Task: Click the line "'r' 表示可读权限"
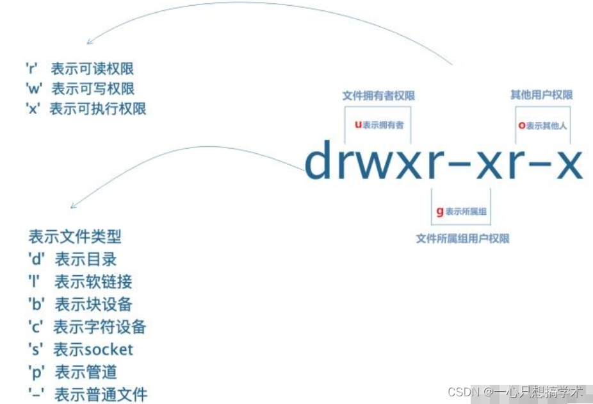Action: coord(79,69)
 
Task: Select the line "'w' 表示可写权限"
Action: coord(79,88)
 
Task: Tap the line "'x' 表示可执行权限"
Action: coord(85,108)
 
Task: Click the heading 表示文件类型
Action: coord(75,237)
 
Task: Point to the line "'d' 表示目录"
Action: coord(72,259)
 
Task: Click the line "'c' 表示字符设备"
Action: coord(87,326)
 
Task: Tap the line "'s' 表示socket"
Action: coord(81,349)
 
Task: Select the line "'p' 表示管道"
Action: coord(72,371)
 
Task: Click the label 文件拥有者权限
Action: coord(378,96)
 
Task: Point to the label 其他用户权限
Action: coord(541,95)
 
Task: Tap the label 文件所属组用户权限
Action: coord(462,239)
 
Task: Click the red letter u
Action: coord(359,124)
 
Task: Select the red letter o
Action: coord(522,126)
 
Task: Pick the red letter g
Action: coord(440,211)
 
